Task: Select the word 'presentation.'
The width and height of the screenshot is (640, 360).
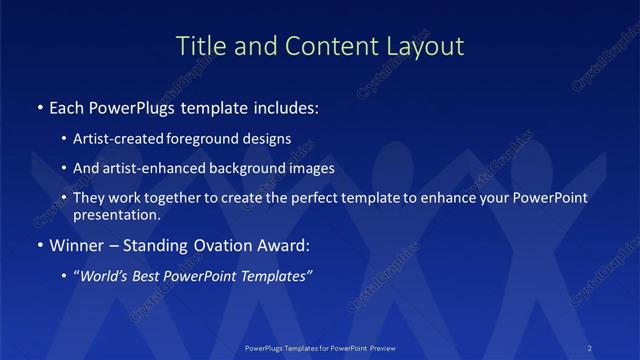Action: click(116, 214)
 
